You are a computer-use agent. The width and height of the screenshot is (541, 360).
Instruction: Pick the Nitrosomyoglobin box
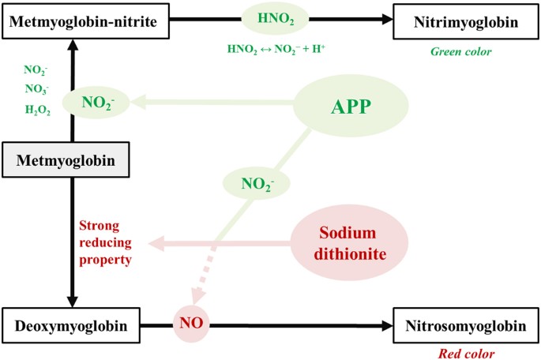click(465, 325)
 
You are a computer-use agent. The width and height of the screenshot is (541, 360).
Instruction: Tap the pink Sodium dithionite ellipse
click(349, 244)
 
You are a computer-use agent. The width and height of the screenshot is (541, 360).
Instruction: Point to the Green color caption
click(460, 52)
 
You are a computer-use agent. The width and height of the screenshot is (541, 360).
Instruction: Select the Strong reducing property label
click(105, 242)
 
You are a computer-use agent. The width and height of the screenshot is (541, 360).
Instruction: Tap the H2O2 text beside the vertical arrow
click(37, 111)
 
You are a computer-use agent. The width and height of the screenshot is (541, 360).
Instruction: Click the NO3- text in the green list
click(37, 90)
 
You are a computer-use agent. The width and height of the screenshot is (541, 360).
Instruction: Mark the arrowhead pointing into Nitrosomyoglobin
click(385, 325)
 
